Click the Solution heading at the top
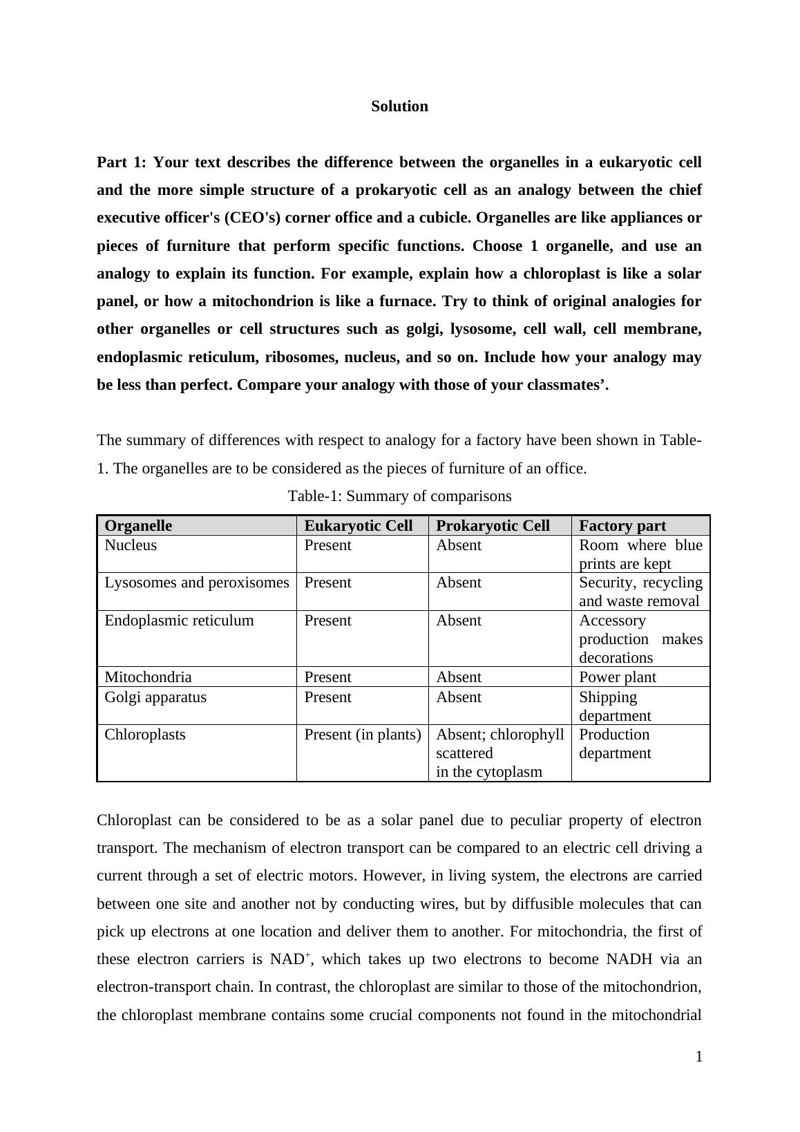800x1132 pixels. [x=399, y=106]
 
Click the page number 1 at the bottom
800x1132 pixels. [x=698, y=1056]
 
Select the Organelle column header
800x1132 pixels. [x=138, y=526]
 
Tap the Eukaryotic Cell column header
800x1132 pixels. [x=358, y=526]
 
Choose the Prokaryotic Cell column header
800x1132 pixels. [x=493, y=526]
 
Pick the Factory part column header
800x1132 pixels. [x=622, y=526]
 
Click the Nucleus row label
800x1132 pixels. [x=131, y=545]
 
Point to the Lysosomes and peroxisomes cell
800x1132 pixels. [x=197, y=583]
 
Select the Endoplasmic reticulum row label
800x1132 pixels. [x=179, y=621]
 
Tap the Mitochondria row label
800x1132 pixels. [x=148, y=677]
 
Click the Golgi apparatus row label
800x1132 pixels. [x=155, y=697]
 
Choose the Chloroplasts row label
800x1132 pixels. [x=145, y=735]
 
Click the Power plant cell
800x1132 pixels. [x=617, y=677]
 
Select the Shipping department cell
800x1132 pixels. [x=615, y=706]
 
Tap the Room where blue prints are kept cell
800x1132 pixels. [x=640, y=554]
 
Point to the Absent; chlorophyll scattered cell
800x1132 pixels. [x=499, y=744]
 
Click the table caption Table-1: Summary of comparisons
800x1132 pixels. [x=399, y=496]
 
